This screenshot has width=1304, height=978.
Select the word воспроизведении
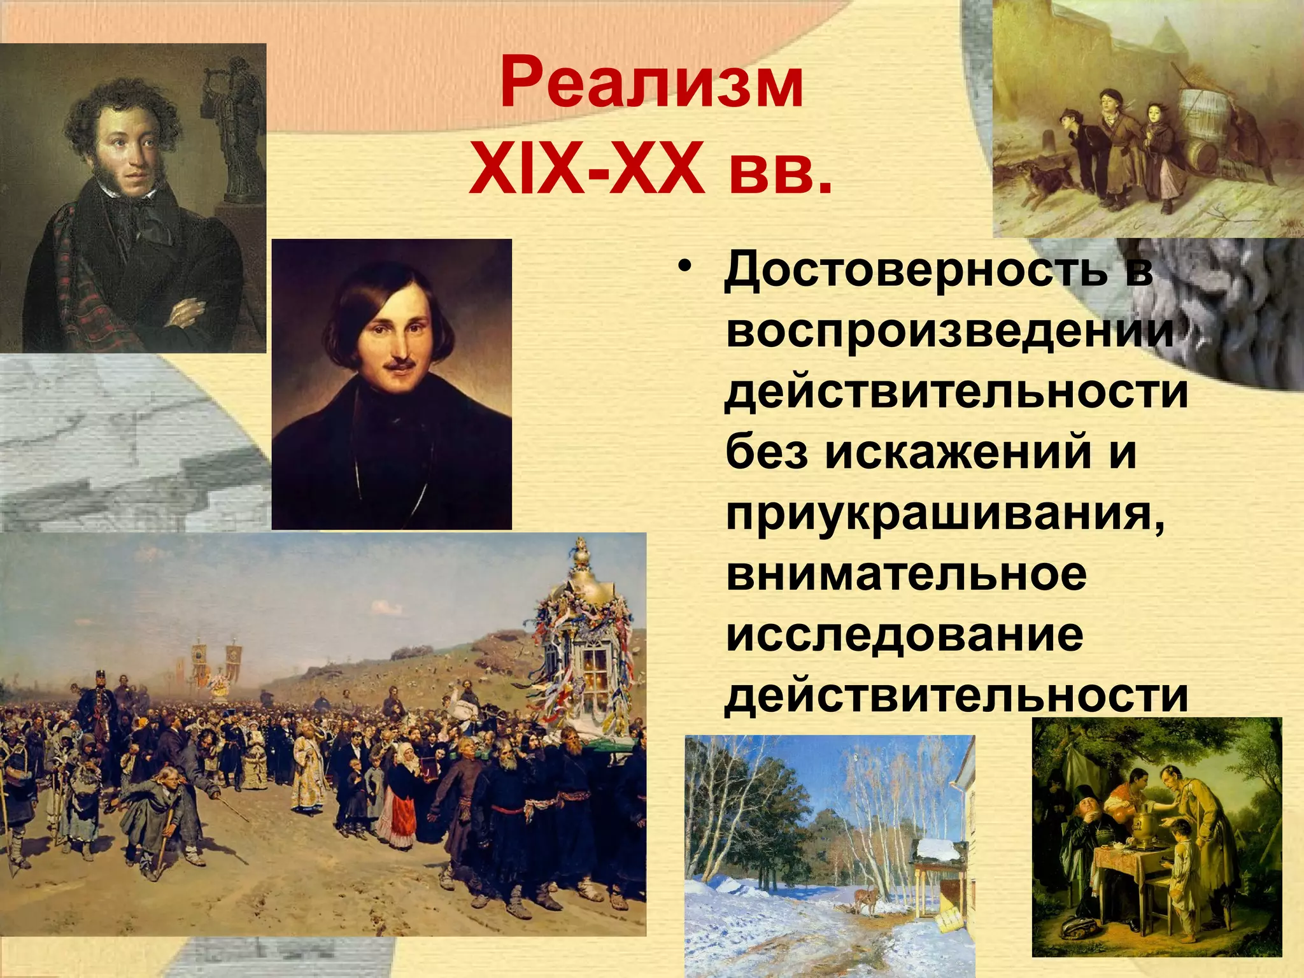pos(949,330)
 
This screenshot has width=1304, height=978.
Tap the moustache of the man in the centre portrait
pos(399,364)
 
